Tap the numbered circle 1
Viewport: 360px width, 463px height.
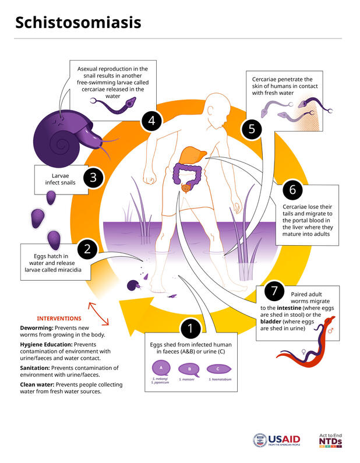(190, 328)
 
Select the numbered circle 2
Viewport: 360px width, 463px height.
(87, 250)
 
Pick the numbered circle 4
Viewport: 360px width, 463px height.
(152, 121)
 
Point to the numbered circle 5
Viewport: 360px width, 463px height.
(252, 129)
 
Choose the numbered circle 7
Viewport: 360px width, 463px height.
(274, 291)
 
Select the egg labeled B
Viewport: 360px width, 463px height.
(188, 369)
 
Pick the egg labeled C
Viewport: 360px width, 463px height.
(217, 369)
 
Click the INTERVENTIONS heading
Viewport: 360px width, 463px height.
(59, 319)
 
